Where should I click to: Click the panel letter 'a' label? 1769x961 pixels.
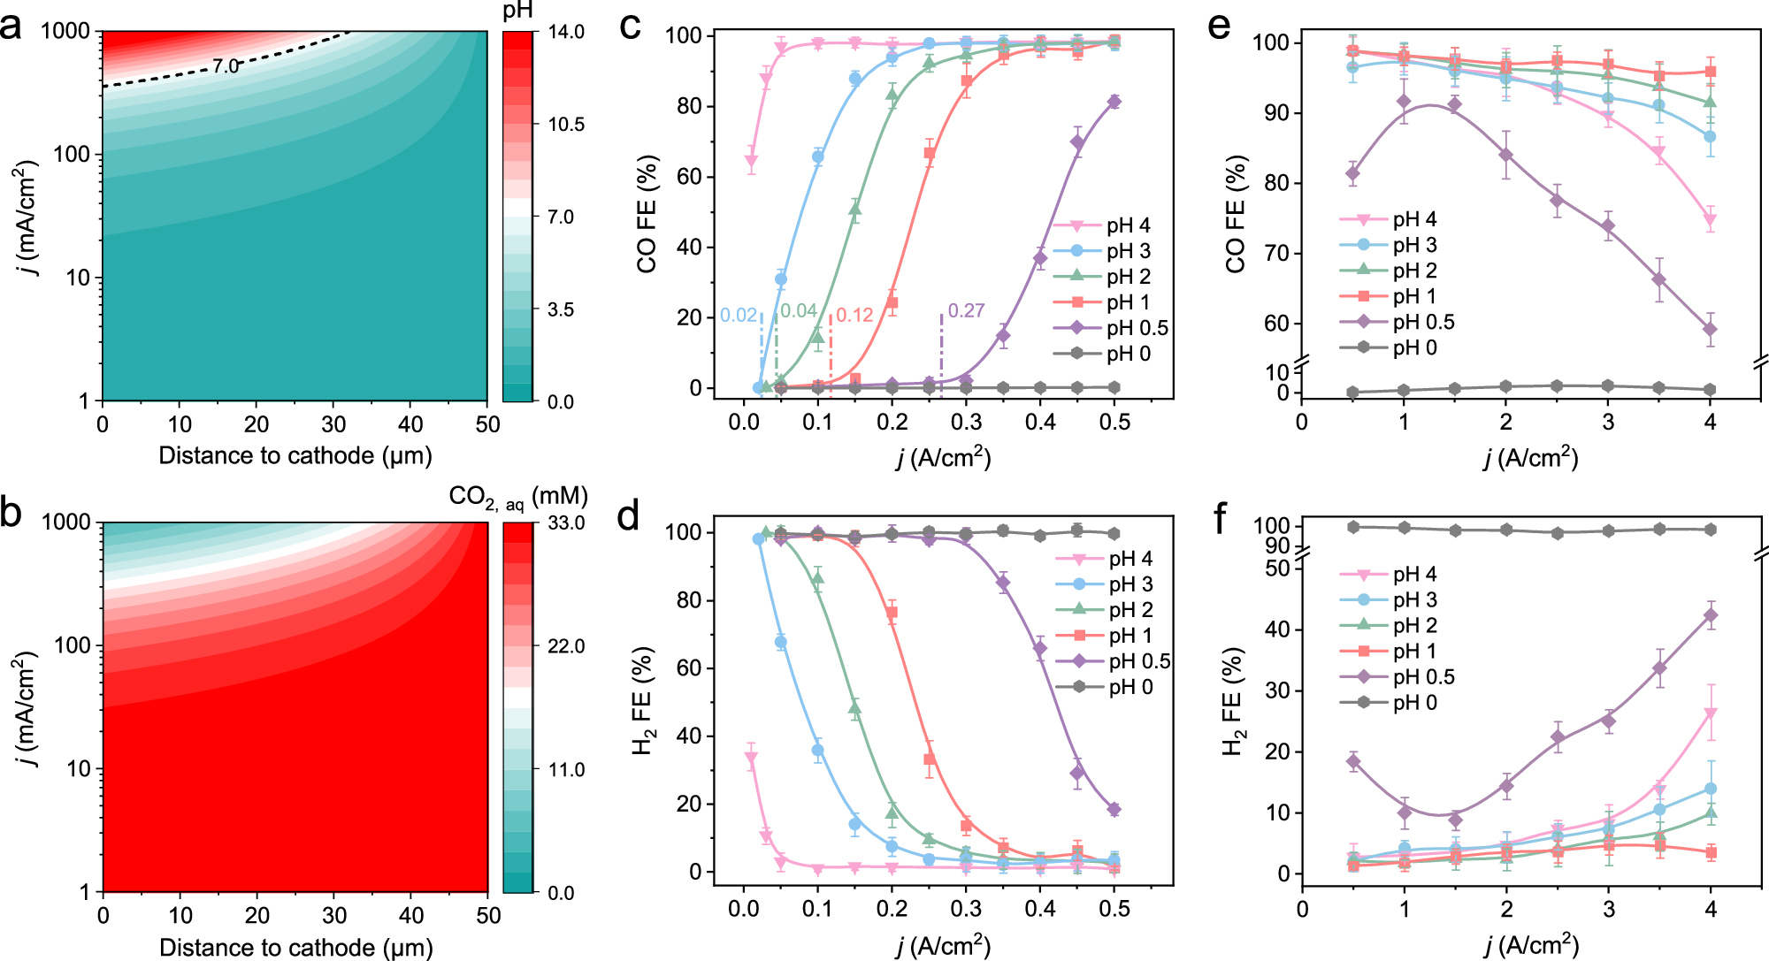point(11,27)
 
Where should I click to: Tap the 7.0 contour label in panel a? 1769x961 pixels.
point(226,66)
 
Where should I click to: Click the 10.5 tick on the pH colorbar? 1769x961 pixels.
point(566,125)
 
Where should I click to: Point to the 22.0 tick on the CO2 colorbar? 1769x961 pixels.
point(566,646)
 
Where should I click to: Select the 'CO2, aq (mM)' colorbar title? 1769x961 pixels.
point(518,498)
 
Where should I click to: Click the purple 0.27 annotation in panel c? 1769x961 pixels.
point(966,311)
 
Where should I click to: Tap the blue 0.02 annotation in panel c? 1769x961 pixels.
point(738,316)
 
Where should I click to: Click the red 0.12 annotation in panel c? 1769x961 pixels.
point(854,316)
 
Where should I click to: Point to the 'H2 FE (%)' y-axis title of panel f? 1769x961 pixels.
point(1235,703)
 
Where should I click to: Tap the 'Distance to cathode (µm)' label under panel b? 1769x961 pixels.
point(295,948)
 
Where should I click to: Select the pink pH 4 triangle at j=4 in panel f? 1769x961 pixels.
point(1710,713)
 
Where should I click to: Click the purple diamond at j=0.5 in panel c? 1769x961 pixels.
point(1114,102)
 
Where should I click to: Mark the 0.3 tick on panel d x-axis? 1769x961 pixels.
point(966,908)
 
